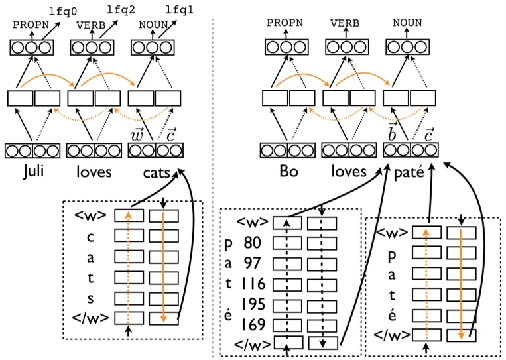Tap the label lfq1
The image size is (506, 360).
click(180, 11)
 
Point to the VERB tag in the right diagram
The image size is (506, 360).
click(345, 23)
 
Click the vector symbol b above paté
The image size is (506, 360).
click(392, 133)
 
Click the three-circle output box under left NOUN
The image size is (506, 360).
click(148, 48)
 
